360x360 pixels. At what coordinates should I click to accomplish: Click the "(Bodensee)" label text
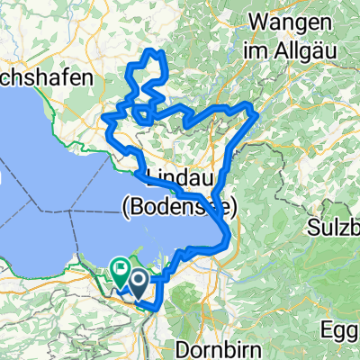tap(178, 209)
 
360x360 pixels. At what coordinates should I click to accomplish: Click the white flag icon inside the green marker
tap(120, 266)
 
